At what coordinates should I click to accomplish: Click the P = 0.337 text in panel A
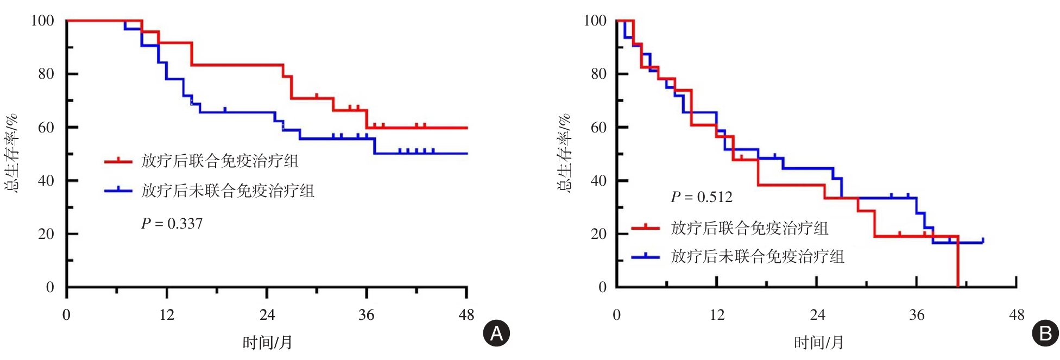point(172,224)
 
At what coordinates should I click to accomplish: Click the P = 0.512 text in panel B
point(702,197)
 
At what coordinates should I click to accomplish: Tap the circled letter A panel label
point(496,333)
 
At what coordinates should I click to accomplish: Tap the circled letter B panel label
point(1045,333)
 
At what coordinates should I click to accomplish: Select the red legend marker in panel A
point(118,161)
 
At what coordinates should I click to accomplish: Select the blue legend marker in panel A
point(118,190)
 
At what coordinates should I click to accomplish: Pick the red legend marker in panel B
point(645,228)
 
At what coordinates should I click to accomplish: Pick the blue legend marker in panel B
point(645,256)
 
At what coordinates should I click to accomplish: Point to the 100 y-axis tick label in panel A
point(42,21)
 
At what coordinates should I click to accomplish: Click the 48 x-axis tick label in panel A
point(466,315)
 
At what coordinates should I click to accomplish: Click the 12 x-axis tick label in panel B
point(717,315)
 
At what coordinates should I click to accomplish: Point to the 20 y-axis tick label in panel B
point(598,234)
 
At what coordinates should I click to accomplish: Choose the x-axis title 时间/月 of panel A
point(267,343)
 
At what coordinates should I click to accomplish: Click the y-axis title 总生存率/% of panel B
point(564,153)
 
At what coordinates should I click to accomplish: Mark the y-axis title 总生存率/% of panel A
point(12,153)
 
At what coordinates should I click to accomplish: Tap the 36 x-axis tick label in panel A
point(367,315)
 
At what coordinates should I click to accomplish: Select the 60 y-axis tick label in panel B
point(598,127)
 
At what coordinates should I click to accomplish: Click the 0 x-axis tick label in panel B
point(616,315)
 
